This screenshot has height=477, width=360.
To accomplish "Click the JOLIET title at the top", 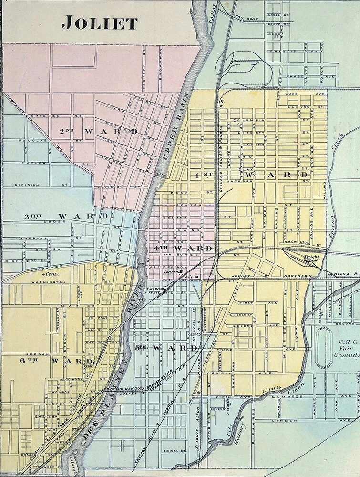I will tap(100, 22).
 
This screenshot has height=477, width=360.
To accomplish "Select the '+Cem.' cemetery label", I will tap(49, 275).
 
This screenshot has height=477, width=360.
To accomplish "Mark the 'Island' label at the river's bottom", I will tap(73, 469).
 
